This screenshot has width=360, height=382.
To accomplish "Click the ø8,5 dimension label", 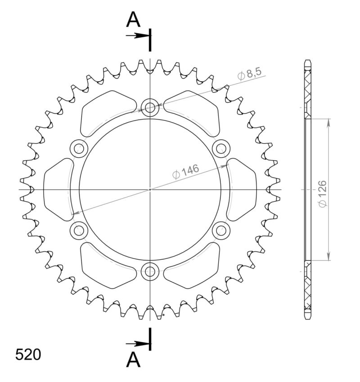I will tap(249, 74).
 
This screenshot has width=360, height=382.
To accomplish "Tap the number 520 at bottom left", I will tap(28, 354).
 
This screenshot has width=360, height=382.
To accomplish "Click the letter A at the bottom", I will tap(133, 360).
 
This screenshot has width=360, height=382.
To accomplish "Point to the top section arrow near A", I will tap(137, 35).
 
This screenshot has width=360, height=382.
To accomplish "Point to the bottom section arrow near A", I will tap(137, 344).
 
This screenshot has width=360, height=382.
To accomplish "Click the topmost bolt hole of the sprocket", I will tap(150, 107).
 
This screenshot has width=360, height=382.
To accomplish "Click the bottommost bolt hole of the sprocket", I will tap(150, 271).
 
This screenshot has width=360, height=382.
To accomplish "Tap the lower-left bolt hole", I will tap(79, 231).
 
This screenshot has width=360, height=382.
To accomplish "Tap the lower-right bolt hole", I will tap(221, 231).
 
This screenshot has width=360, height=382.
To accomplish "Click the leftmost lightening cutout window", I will tap(57, 189).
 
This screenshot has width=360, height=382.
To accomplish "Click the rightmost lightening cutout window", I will tap(243, 189).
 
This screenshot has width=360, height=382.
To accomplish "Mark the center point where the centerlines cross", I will tap(150, 189).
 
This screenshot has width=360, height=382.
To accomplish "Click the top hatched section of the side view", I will tap(308, 88).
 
